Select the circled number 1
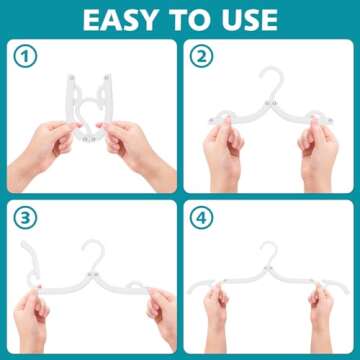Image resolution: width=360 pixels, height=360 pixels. tap(26, 59)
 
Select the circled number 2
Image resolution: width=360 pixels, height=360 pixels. tap(202, 59)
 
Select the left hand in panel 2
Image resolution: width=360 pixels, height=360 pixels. tap(221, 150)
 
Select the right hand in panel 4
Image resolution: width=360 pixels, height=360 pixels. tap(320, 310)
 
